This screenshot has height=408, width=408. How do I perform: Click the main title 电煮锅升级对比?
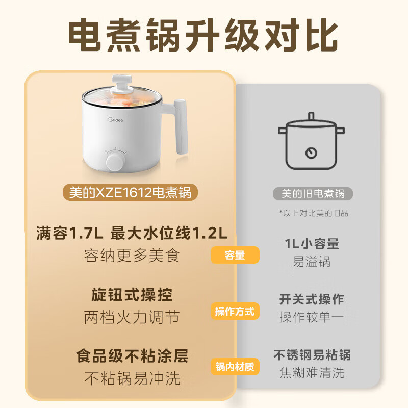tap(203, 36)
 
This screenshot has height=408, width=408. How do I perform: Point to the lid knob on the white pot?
tap(120, 82)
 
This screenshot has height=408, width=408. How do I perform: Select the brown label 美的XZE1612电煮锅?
tap(133, 193)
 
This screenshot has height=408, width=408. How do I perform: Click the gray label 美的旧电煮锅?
tap(313, 193)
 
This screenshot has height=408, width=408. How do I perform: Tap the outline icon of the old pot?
tap(311, 143)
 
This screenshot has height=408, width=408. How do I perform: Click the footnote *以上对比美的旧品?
tap(313, 213)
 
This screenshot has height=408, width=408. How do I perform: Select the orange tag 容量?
tap(235, 256)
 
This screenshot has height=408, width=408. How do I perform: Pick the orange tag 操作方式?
tap(235, 311)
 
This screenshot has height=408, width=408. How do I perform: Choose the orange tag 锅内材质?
tap(235, 366)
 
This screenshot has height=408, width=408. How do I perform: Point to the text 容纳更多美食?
tap(132, 256)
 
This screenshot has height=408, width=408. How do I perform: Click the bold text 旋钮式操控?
tap(132, 295)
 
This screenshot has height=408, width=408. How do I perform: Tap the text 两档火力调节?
tap(132, 318)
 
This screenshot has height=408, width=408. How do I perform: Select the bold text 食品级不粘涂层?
tap(132, 355)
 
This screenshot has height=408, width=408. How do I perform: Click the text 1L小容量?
tap(312, 244)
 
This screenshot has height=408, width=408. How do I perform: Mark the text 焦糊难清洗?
tap(312, 373)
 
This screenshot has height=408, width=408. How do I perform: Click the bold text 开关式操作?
tap(312, 299)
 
